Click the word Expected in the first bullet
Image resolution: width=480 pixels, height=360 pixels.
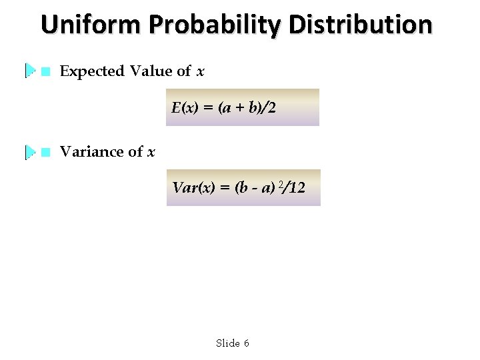[92, 71]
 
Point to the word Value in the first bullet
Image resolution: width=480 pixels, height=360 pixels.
[151, 71]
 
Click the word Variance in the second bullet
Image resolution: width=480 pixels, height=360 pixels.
[92, 152]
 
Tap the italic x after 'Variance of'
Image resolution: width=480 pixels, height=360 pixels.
[151, 153]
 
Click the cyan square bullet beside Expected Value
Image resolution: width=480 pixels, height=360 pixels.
[45, 71]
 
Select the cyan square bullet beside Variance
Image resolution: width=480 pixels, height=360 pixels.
[45, 152]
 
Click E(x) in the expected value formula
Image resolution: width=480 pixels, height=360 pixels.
[184, 108]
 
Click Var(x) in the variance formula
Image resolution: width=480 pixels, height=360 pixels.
[192, 188]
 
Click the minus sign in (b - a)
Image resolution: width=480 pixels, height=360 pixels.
[254, 189]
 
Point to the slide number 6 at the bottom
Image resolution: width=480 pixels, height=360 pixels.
[246, 343]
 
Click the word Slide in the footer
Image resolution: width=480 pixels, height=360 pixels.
[227, 343]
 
